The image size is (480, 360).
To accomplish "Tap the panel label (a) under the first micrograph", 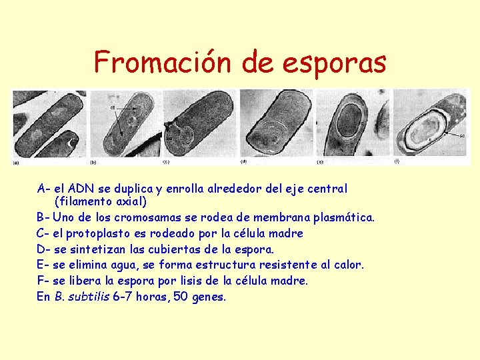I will tap(16, 161).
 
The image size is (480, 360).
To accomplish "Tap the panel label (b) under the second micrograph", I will tap(93, 161).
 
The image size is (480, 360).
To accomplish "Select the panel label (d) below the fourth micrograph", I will tap(243, 161).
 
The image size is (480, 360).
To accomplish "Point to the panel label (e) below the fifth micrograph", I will tap(321, 161).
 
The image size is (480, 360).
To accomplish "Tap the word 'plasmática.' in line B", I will tap(343, 217).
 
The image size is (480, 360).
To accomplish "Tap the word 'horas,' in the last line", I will tap(151, 297).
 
